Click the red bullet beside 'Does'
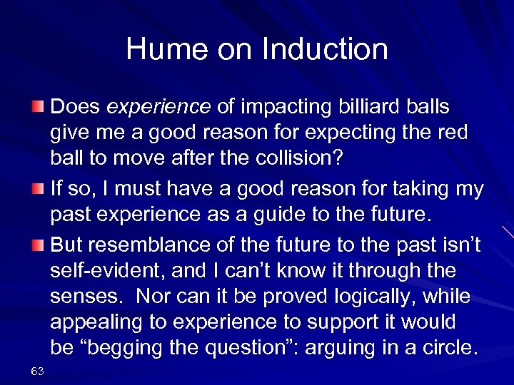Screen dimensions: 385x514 pyautogui.click(x=39, y=108)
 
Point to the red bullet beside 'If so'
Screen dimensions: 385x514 pyautogui.click(x=39, y=190)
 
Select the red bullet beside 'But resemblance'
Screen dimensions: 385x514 pyautogui.click(x=39, y=245)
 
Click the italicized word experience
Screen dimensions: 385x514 pyautogui.click(x=158, y=107)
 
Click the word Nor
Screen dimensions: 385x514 pyautogui.click(x=155, y=296)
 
